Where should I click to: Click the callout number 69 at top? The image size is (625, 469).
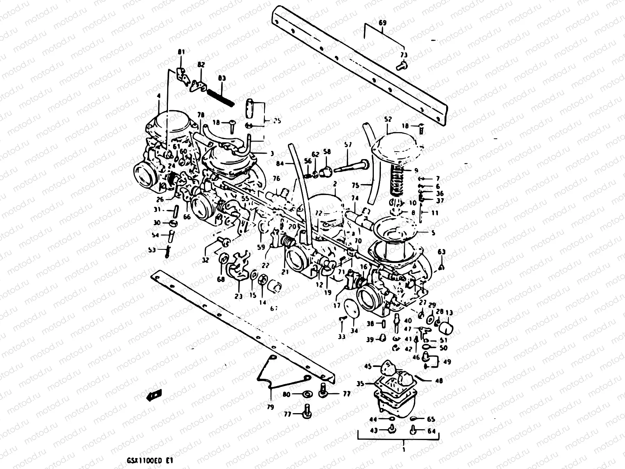(382, 23)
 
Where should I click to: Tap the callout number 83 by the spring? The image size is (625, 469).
(222, 79)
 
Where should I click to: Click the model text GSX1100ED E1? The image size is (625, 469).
(155, 460)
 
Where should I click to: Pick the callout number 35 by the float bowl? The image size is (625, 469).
(360, 384)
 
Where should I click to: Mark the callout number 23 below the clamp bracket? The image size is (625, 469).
(239, 296)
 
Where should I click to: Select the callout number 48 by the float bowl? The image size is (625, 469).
(439, 380)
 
